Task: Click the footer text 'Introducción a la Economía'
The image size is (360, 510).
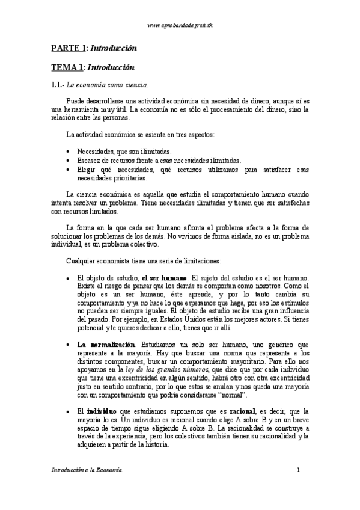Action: [x=87, y=469]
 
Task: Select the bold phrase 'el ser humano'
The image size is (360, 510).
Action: [x=165, y=278]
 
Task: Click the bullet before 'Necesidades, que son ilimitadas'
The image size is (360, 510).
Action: [x=71, y=152]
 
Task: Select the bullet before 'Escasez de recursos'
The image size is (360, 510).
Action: [x=71, y=161]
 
